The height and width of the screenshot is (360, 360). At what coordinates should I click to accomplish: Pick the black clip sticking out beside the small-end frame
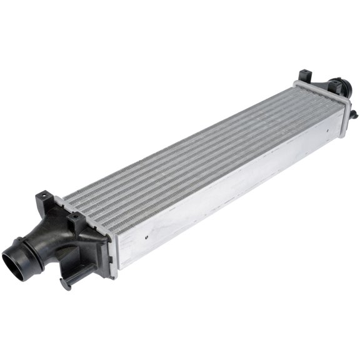coord(354,114)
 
